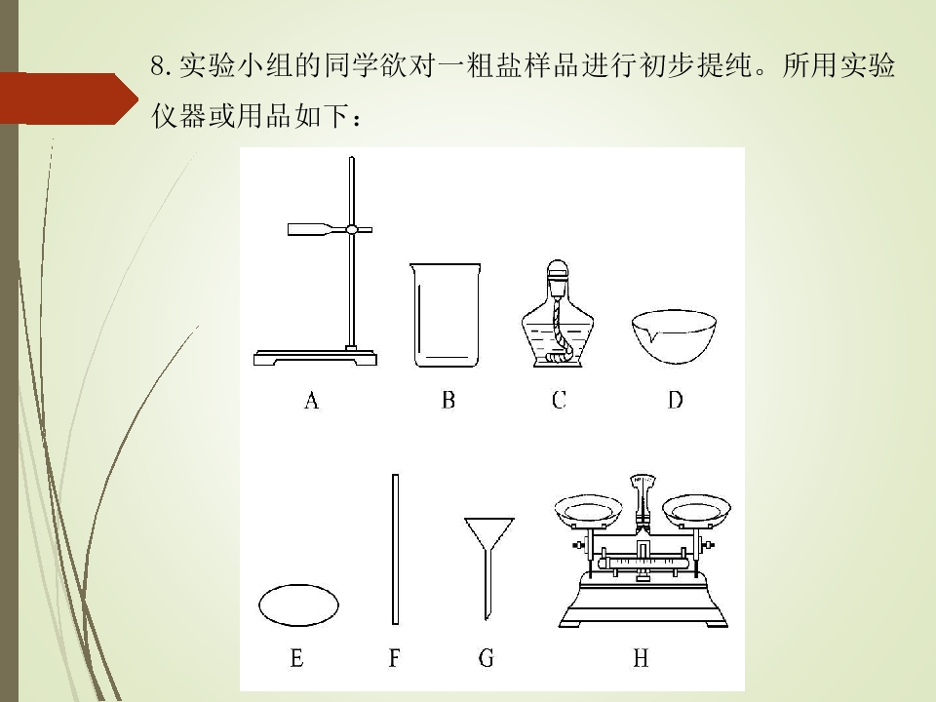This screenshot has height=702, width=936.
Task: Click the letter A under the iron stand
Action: tap(311, 400)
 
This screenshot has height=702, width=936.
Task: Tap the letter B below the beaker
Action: tap(448, 400)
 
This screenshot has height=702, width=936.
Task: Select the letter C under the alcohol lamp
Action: tap(559, 400)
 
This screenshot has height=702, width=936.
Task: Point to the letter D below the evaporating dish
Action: tap(675, 400)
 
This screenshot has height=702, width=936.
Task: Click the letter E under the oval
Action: tap(296, 658)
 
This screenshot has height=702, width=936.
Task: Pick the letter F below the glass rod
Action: tap(394, 658)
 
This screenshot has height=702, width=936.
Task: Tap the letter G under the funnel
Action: tap(486, 658)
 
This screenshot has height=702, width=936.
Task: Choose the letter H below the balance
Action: tap(641, 658)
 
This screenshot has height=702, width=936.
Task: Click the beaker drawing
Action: tap(446, 315)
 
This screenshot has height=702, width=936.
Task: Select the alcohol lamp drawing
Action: tap(558, 313)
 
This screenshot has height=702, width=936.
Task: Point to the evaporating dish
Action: tap(674, 336)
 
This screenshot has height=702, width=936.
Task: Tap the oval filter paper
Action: tap(298, 604)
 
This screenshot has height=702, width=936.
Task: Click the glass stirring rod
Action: tap(395, 549)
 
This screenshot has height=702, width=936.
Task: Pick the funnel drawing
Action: tap(488, 567)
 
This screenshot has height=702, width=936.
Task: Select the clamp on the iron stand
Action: tap(330, 229)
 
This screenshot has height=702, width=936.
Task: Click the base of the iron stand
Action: tap(315, 358)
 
